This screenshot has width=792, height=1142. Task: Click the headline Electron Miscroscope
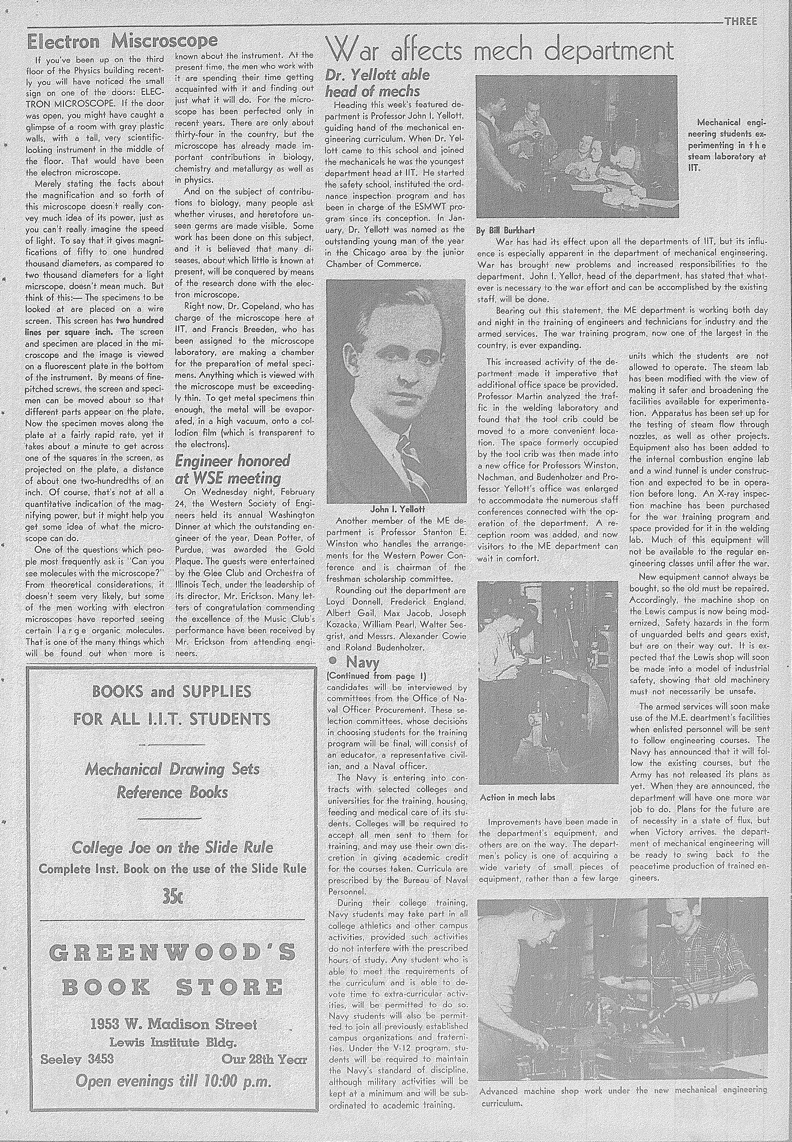[x=122, y=42]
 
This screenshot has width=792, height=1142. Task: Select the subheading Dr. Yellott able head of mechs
[x=377, y=83]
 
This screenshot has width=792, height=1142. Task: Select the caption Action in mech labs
[x=517, y=797]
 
